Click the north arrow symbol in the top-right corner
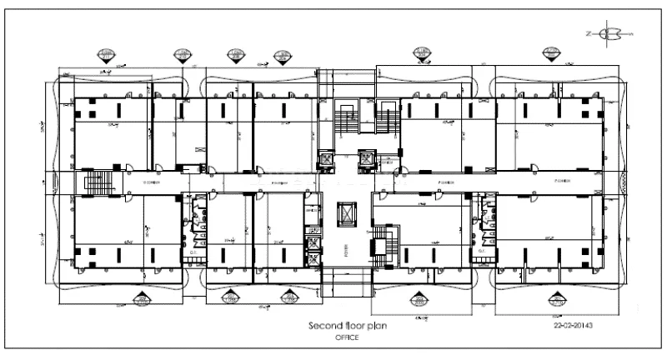point(611,33)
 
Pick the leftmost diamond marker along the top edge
point(106,56)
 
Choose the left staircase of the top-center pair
point(344,117)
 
